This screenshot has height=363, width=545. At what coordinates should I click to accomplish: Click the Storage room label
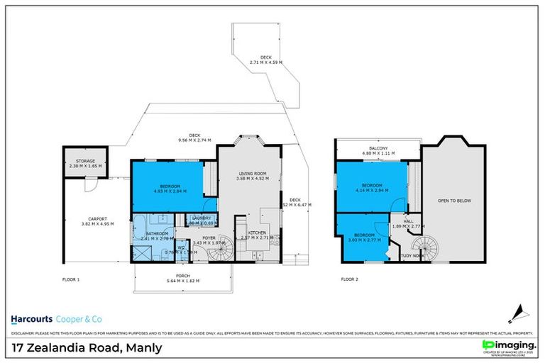pyautogui.click(x=84, y=163)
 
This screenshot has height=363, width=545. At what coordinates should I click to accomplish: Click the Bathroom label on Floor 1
pyautogui.click(x=157, y=236)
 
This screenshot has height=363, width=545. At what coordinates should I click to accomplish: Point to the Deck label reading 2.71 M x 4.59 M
pyautogui.click(x=265, y=60)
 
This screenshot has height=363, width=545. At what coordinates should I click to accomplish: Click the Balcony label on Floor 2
pyautogui.click(x=378, y=150)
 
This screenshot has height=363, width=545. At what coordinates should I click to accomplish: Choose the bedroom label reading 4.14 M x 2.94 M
pyautogui.click(x=372, y=188)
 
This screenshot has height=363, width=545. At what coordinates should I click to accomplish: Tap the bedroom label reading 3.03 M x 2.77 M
pyautogui.click(x=364, y=237)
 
